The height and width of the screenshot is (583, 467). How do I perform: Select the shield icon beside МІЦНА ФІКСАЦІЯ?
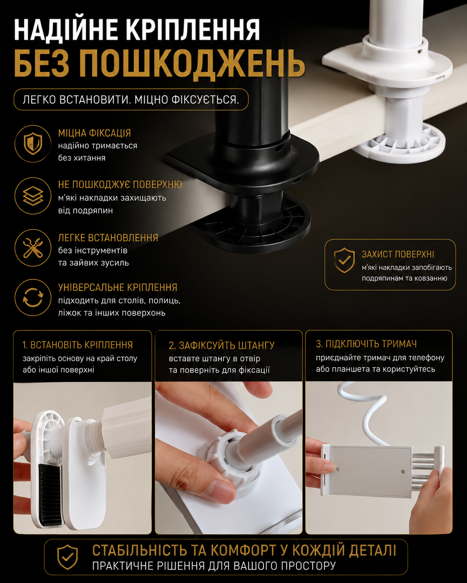(33, 143)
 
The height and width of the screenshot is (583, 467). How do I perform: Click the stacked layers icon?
(33, 195)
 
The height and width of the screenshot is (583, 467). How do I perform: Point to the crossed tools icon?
(33, 247)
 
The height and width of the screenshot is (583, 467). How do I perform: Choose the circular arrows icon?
(33, 297)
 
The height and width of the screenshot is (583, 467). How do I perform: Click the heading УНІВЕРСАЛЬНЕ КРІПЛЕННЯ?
(118, 287)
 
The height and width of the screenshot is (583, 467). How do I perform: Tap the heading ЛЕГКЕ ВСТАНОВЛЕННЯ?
(108, 238)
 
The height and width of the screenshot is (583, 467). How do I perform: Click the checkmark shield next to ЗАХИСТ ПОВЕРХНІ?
(344, 260)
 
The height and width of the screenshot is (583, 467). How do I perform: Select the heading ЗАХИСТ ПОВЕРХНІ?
(398, 254)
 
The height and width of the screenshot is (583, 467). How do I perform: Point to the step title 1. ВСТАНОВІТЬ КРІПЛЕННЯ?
(77, 345)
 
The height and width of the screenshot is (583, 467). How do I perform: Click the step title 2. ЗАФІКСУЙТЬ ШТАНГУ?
(221, 345)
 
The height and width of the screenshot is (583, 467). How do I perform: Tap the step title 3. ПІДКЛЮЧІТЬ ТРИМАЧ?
(366, 344)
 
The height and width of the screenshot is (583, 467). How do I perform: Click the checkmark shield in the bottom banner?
(67, 557)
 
